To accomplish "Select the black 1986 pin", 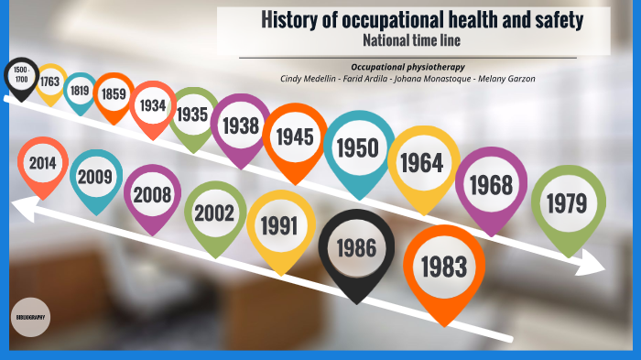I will click(x=355, y=247).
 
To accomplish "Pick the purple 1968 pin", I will click(x=491, y=184).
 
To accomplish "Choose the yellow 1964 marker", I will click(x=422, y=163).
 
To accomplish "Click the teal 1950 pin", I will click(x=357, y=147).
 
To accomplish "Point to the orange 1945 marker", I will click(x=295, y=136).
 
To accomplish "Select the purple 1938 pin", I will click(x=240, y=125).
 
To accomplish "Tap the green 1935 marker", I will click(x=193, y=115).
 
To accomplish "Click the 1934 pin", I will click(x=152, y=105).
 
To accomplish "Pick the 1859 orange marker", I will click(x=114, y=93).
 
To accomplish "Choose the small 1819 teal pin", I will click(x=81, y=90).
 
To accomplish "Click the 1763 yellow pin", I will click(x=49, y=82).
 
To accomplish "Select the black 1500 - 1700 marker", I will click(x=22, y=75).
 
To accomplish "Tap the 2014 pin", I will click(x=42, y=163).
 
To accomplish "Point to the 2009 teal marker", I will click(x=95, y=176).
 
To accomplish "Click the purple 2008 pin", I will click(x=152, y=194).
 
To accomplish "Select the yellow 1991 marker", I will click(x=280, y=225).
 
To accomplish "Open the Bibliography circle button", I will click(x=30, y=316).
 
